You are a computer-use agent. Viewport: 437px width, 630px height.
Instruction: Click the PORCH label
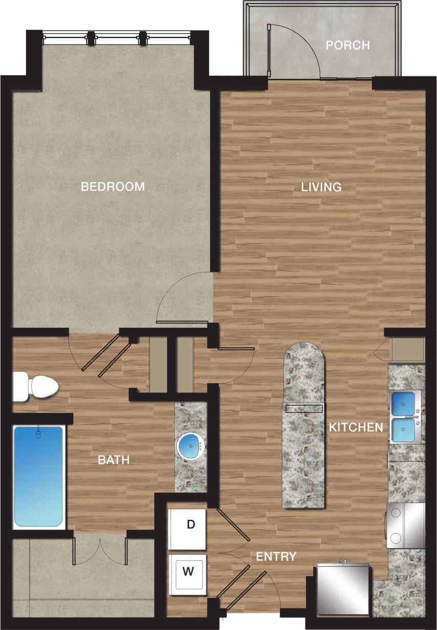pos(347,45)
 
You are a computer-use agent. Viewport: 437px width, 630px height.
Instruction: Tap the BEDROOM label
pos(113,186)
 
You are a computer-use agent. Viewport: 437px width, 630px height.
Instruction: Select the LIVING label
pos(321,187)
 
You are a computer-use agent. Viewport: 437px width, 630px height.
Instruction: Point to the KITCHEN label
pos(356,427)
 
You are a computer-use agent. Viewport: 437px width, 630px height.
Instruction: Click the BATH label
pos(114,460)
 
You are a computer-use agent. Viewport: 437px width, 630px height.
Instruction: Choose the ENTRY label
pos(276,556)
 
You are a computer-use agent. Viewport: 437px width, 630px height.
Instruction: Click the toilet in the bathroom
pos(35,387)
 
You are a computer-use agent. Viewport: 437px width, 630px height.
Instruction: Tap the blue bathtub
pos(38,476)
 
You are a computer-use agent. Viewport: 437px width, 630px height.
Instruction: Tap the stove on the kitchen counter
pos(406,525)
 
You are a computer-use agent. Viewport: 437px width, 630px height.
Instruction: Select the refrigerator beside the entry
pos(343,589)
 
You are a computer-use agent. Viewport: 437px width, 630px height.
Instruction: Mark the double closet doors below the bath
pos(100,551)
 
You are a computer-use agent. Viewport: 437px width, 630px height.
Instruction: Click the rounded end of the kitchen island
pos(304,356)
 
